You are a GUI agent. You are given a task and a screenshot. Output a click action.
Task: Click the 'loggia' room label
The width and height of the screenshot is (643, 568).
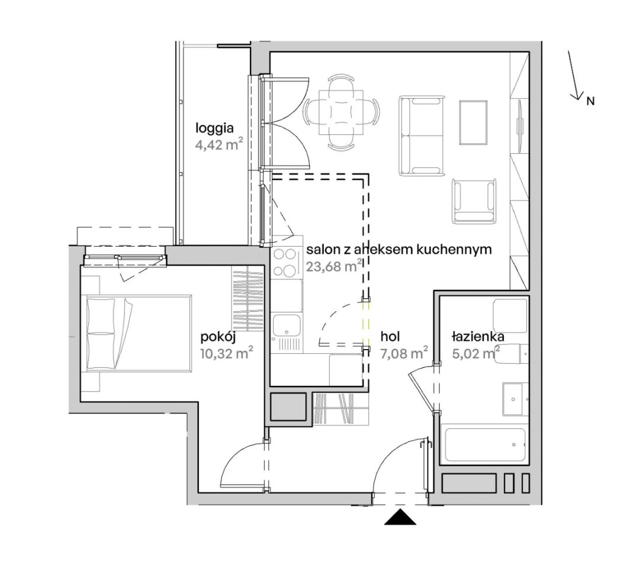pyautogui.click(x=214, y=128)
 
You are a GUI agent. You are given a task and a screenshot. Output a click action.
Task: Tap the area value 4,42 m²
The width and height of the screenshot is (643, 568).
pyautogui.click(x=220, y=145)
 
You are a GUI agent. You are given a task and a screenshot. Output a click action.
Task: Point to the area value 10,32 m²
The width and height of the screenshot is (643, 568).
pyautogui.click(x=226, y=353)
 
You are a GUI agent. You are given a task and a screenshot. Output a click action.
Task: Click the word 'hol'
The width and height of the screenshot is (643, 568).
pyautogui.click(x=390, y=337)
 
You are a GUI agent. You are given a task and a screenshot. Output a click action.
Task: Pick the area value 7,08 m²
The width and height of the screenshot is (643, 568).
pyautogui.click(x=404, y=353)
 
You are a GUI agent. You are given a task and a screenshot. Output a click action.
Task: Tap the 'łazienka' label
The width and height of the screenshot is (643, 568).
pyautogui.click(x=478, y=337)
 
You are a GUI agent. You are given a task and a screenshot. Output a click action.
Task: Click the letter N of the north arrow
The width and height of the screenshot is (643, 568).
pyautogui.click(x=590, y=101)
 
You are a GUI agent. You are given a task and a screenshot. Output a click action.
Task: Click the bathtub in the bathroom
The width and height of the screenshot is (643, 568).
pyautogui.click(x=485, y=445)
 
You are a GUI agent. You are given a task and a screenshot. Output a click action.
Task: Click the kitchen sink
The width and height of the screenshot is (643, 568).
pyautogui.click(x=287, y=327)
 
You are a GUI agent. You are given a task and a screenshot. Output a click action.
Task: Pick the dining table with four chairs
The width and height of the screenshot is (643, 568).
pyautogui.click(x=341, y=112)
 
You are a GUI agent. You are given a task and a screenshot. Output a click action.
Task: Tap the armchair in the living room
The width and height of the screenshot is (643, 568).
pyautogui.click(x=474, y=201)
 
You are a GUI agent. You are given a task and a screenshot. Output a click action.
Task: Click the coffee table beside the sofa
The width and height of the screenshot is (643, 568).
pyautogui.click(x=474, y=122)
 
